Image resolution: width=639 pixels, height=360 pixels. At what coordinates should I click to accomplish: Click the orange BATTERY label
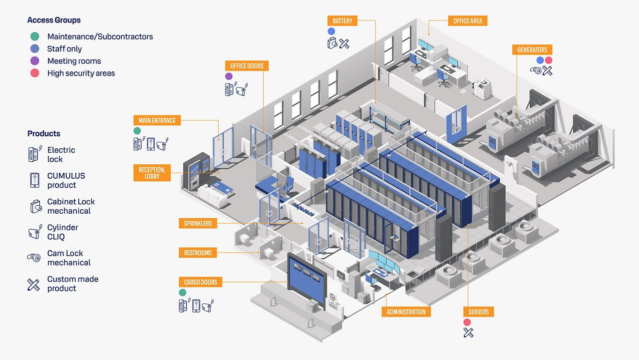[x=342, y=21]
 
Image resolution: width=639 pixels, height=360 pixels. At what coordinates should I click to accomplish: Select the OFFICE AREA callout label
[x=468, y=20]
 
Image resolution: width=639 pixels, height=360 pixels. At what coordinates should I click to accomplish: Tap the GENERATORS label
[x=532, y=50]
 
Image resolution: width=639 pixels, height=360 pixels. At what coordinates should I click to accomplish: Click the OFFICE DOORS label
[x=247, y=66]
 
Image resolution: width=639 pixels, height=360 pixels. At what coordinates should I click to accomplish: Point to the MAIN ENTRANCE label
[x=157, y=120]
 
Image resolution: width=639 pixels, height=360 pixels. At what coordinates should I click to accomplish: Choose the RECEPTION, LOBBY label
[x=152, y=173]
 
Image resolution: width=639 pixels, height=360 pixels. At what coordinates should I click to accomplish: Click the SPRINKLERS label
[x=198, y=223]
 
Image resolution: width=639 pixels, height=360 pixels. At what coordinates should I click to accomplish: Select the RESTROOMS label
[x=198, y=253]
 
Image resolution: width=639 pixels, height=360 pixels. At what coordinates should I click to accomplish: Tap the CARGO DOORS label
[x=201, y=282]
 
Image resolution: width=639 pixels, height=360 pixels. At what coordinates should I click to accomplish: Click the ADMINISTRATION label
[x=406, y=312]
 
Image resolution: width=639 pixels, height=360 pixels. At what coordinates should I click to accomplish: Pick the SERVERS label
[x=478, y=312]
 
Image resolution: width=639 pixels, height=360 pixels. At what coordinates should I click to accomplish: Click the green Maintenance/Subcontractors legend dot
[x=34, y=36]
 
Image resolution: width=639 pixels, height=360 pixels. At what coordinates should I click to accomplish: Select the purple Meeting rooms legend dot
[x=34, y=61]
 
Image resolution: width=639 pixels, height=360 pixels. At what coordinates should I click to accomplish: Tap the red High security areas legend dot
[x=34, y=73]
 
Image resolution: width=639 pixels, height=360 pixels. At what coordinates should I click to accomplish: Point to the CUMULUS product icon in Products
[x=34, y=180]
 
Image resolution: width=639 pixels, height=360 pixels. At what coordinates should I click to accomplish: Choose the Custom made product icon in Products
[x=33, y=284]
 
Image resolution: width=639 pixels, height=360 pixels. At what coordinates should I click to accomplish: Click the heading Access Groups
[x=54, y=20]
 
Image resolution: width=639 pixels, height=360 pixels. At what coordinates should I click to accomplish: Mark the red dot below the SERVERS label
[x=467, y=322]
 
